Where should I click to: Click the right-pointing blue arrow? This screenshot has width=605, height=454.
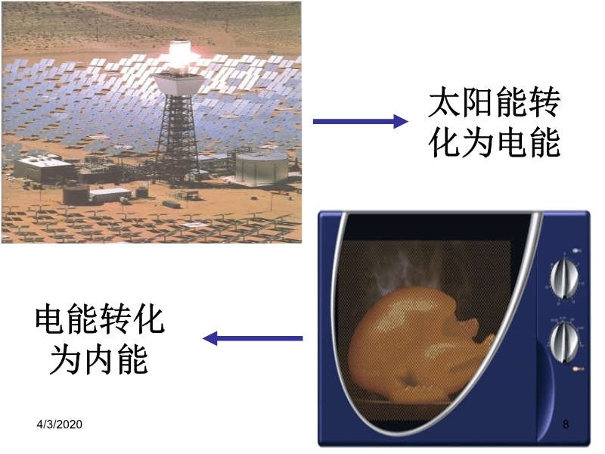[x=361, y=121]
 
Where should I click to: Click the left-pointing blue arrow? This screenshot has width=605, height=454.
[x=253, y=338]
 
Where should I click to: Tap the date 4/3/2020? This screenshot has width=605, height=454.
[x=60, y=424]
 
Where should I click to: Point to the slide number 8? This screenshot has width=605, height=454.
[x=566, y=424]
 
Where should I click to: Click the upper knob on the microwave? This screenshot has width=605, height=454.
[x=564, y=278]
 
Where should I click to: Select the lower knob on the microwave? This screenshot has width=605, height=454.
[x=564, y=343]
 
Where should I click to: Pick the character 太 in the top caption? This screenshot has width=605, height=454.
[x=445, y=102]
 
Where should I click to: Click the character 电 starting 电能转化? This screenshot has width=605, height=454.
[x=51, y=319]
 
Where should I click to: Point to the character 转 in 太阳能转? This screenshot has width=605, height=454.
[x=544, y=102]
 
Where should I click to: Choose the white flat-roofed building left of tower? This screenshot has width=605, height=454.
[x=43, y=167]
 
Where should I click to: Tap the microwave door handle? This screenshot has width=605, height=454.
[x=545, y=390]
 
